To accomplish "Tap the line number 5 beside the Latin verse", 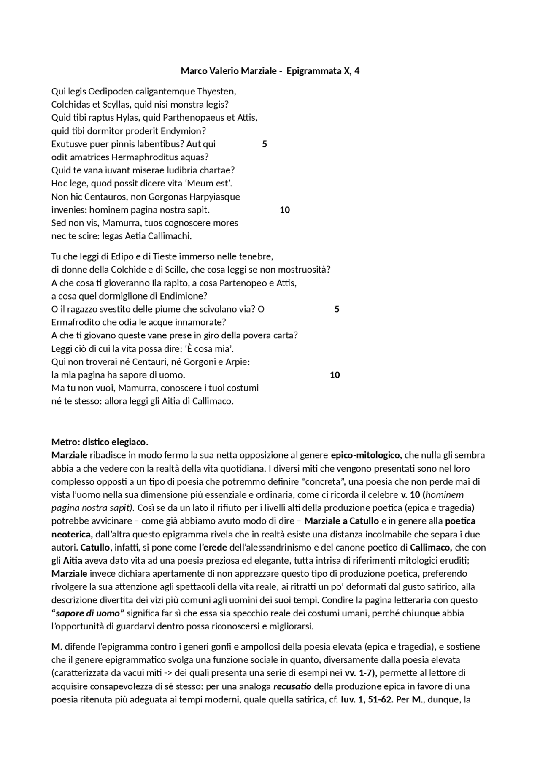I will click(265, 144).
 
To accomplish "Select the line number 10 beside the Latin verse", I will click(285, 210).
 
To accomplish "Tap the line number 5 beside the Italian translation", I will click(337, 309).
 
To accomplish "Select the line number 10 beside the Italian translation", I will click(335, 375).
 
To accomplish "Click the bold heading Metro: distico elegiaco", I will click(100, 442).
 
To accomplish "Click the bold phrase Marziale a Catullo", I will click(341, 521).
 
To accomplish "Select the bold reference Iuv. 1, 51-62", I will click(367, 699).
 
